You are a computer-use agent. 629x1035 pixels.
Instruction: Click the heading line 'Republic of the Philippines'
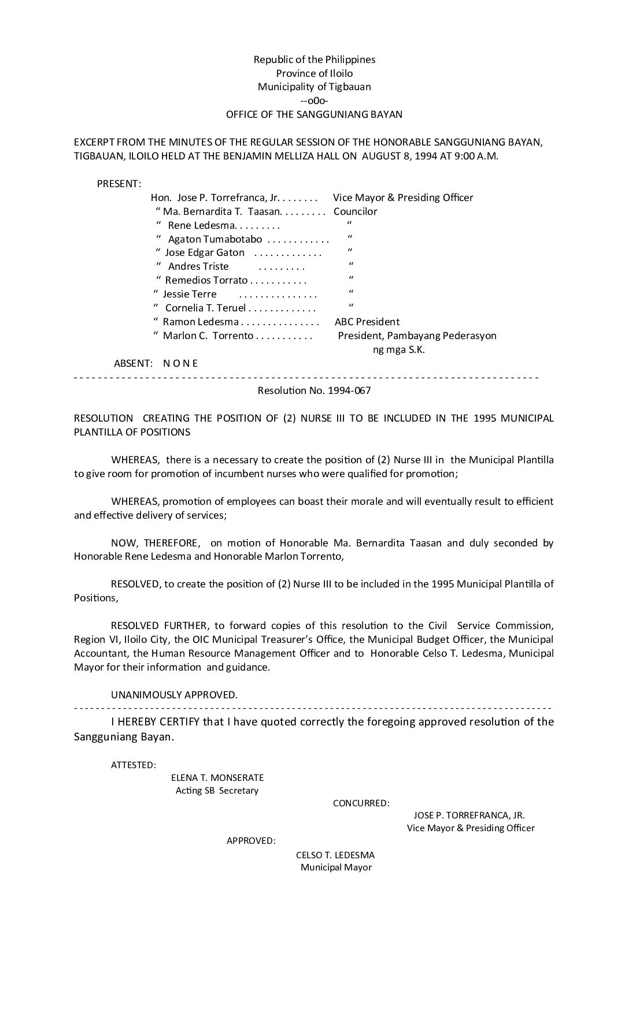tap(314, 59)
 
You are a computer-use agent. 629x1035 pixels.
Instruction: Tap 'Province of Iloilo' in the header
tap(314, 73)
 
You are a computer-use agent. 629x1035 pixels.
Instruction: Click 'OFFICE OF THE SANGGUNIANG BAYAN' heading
tap(314, 114)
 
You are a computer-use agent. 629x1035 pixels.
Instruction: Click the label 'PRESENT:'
tap(119, 184)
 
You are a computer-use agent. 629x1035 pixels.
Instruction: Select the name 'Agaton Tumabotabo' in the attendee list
tap(215, 239)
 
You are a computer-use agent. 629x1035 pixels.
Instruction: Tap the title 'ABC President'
tap(367, 322)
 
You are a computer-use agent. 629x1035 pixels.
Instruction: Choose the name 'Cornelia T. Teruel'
tap(205, 308)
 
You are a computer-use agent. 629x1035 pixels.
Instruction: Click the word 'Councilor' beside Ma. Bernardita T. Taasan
tap(356, 211)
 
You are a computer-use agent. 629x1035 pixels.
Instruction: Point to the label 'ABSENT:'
tap(133, 363)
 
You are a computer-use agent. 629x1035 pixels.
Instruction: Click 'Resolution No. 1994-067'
tap(314, 390)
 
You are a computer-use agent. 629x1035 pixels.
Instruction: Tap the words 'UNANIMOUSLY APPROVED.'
tap(174, 695)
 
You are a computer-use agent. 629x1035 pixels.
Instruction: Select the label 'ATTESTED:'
tap(133, 765)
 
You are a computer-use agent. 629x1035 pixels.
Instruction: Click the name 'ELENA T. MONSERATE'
tap(217, 778)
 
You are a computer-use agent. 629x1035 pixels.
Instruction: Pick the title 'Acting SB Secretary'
tap(217, 791)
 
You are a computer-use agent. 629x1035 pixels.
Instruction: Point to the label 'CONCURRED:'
tap(361, 803)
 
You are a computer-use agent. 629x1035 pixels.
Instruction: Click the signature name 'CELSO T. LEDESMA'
tap(335, 855)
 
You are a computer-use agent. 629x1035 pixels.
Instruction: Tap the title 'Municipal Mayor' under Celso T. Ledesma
tap(336, 868)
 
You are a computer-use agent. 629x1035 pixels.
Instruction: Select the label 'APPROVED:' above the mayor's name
tap(251, 840)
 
